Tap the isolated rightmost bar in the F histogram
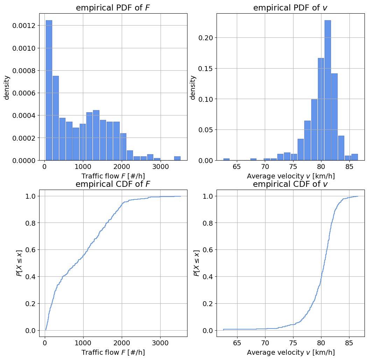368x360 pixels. (x=177, y=158)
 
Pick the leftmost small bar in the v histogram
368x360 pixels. (x=226, y=159)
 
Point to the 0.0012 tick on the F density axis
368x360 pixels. (x=24, y=26)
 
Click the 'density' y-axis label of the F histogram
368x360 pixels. (x=7, y=87)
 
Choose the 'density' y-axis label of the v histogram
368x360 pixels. (x=193, y=87)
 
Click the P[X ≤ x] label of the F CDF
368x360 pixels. (x=20, y=263)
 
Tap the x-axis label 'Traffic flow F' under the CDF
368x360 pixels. (x=113, y=352)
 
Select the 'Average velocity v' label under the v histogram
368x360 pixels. (x=290, y=176)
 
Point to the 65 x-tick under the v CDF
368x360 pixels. (x=237, y=342)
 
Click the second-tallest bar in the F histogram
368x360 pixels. (x=56, y=118)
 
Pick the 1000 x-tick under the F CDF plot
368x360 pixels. (x=83, y=342)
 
